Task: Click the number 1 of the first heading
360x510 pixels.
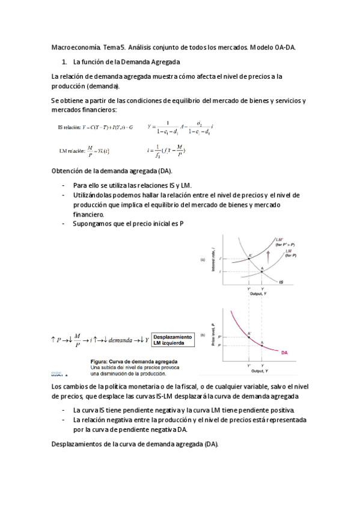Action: click(64, 62)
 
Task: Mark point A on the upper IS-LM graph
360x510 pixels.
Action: click(262, 271)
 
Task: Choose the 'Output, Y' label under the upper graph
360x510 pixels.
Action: click(258, 293)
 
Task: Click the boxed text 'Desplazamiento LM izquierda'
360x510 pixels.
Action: click(173, 340)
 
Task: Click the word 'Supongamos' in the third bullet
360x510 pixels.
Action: click(91, 224)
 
